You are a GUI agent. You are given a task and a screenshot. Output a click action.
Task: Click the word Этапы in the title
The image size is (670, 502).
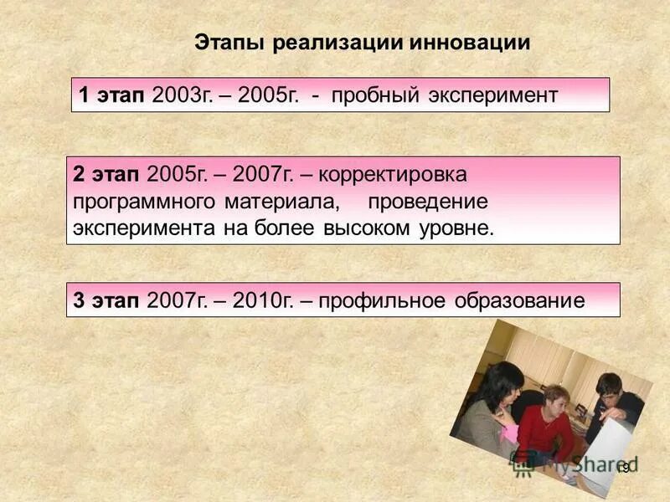click(x=228, y=43)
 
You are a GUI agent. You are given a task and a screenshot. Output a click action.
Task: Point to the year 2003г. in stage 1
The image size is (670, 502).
click(x=179, y=95)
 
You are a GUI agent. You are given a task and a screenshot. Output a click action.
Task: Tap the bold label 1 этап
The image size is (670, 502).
click(x=113, y=95)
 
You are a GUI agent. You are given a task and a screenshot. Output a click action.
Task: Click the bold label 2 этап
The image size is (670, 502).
click(x=106, y=174)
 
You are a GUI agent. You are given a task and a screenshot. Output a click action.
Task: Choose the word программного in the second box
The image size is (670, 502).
click(x=144, y=202)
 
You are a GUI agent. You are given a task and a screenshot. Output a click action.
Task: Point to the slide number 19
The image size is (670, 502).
click(x=622, y=468)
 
